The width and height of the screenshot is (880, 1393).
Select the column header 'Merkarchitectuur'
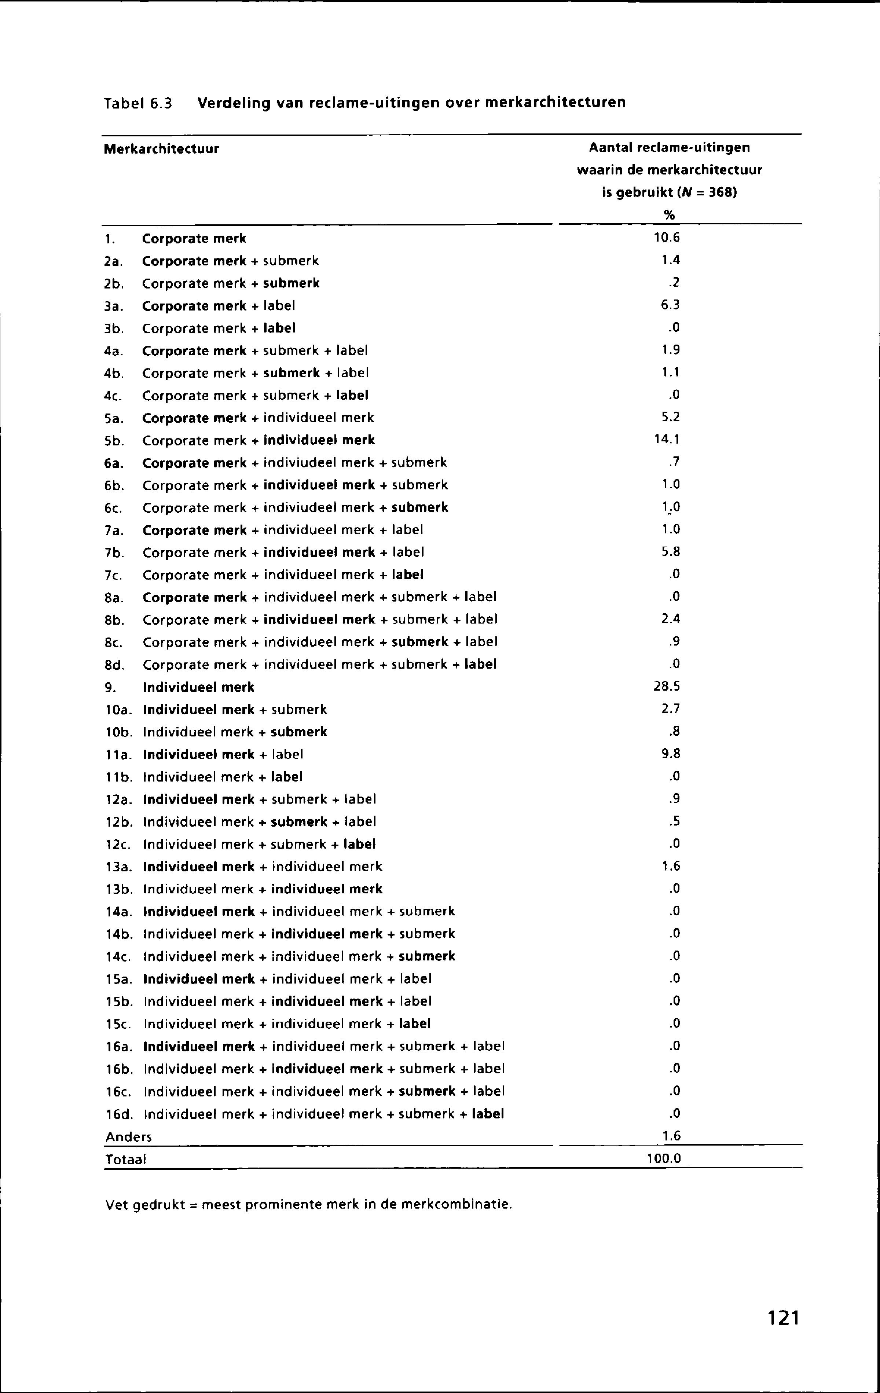[161, 149]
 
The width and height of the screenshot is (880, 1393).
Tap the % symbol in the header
[670, 215]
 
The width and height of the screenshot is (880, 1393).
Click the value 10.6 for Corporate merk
[667, 238]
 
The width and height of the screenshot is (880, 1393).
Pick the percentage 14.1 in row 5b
[667, 440]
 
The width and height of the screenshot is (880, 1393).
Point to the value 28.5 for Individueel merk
[667, 686]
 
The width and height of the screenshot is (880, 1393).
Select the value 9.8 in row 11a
[671, 754]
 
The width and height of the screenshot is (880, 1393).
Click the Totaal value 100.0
[664, 1159]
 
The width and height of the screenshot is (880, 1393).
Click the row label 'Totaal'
[125, 1159]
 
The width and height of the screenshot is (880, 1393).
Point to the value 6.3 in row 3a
[671, 305]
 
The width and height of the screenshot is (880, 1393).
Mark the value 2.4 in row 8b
[671, 619]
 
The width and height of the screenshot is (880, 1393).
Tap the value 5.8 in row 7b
[671, 552]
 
